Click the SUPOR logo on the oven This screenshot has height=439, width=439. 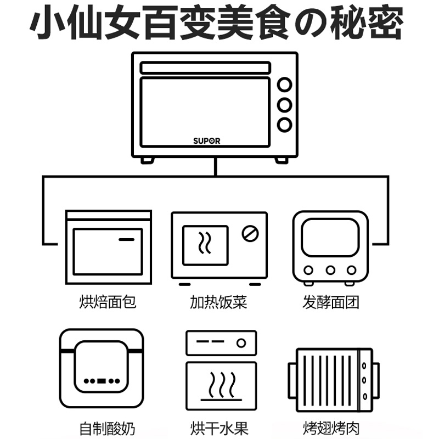pos(206,140)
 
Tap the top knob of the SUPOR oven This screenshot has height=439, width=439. pos(284,85)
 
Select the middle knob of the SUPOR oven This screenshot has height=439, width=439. pos(284,105)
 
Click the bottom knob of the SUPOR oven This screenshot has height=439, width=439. pos(284,125)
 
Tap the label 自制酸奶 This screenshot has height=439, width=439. pos(108,427)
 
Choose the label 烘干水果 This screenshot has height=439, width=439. pos(218,427)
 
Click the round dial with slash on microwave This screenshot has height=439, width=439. pos(250,233)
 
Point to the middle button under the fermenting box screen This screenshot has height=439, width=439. pos(330,270)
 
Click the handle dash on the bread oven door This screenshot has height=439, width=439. pos(127,240)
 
